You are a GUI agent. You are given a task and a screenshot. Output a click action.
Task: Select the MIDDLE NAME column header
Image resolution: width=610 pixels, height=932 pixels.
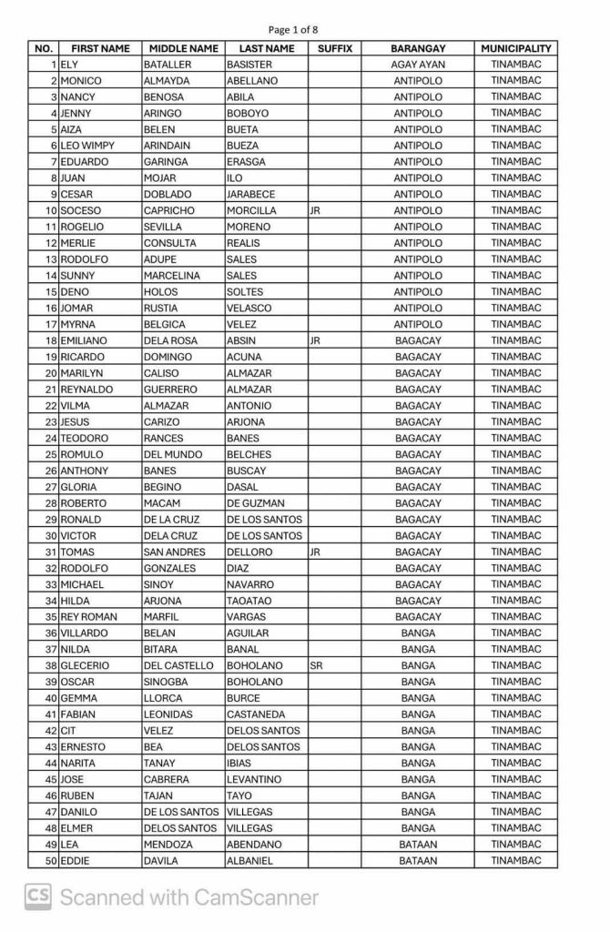pos(183,48)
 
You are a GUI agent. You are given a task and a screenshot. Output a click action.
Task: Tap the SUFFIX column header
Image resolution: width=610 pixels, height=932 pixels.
pos(334,48)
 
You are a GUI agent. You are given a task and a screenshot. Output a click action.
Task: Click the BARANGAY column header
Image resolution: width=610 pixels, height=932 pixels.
pos(417,48)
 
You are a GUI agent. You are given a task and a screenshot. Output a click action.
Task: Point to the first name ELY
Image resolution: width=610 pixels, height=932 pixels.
pos(70,65)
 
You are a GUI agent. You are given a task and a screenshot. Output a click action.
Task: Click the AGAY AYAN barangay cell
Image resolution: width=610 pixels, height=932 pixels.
pos(417,65)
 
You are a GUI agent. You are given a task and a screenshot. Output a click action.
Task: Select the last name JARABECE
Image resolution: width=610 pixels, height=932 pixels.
pos(250,195)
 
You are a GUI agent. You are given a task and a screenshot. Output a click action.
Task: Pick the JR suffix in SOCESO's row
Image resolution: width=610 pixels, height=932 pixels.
pos(316,211)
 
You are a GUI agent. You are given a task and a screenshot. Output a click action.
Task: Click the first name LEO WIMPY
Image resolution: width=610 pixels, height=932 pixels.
pos(90,146)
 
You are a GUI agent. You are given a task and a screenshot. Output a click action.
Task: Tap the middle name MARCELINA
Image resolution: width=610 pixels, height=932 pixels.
pos(174,276)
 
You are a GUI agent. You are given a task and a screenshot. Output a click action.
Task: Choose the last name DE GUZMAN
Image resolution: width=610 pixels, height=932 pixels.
pos(255,503)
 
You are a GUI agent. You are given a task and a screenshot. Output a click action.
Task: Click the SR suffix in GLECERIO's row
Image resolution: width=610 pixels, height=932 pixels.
pos(317,666)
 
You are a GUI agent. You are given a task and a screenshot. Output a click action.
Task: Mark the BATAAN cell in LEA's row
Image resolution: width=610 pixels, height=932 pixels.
pos(417,845)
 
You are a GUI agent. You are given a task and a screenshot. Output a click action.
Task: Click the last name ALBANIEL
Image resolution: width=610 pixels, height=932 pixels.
pos(251,861)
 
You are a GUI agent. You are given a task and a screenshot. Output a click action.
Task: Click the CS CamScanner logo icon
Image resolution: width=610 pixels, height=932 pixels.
pos(37,897)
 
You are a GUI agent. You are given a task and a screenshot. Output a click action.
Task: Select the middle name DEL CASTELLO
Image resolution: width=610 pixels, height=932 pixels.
pos(179,666)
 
